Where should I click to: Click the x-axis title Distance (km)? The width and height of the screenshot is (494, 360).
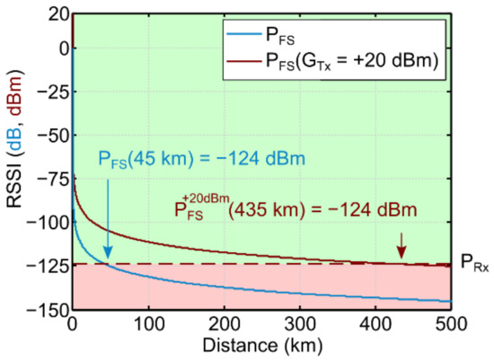click(x=261, y=345)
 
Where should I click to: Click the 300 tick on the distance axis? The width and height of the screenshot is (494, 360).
click(x=299, y=323)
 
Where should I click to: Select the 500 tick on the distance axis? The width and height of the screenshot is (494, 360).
click(x=450, y=323)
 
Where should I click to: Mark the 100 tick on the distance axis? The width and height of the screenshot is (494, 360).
click(x=148, y=323)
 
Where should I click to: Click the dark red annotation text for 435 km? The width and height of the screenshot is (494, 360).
click(x=297, y=211)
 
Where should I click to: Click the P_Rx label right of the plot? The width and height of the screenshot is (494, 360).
click(x=472, y=266)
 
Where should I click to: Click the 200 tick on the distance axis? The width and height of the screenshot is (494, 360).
click(x=224, y=323)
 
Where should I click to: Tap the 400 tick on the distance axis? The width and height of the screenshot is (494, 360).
click(x=375, y=323)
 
